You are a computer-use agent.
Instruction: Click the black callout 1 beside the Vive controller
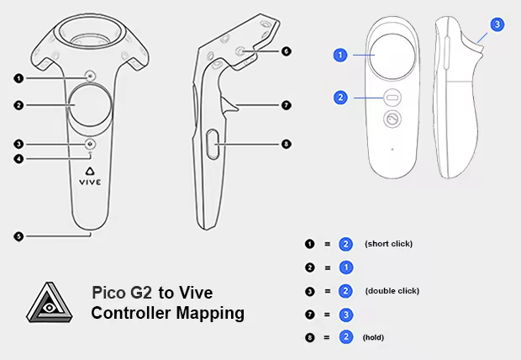click(18, 78)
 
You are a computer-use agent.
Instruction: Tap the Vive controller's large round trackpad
click(90, 105)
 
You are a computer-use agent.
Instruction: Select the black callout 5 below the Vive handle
click(18, 236)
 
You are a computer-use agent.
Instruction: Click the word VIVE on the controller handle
click(90, 182)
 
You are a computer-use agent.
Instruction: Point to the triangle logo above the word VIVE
click(90, 171)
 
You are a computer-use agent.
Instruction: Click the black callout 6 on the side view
click(286, 51)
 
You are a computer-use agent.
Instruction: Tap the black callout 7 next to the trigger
click(286, 105)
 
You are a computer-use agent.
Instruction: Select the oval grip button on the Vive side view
click(213, 145)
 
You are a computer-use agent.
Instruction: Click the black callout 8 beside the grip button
click(286, 144)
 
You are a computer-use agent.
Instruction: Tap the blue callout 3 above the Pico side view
click(497, 24)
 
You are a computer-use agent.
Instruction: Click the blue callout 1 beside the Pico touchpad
click(340, 56)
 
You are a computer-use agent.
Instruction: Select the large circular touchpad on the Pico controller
click(392, 56)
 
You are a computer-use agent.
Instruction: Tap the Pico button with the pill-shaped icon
click(392, 98)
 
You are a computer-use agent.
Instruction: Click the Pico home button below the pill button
click(392, 119)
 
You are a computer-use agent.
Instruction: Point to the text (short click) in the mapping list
click(388, 244)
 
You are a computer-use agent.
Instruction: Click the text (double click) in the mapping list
click(392, 291)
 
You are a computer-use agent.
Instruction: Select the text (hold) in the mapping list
click(373, 337)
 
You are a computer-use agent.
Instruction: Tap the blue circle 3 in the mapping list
click(346, 315)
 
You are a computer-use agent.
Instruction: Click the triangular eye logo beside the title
click(50, 303)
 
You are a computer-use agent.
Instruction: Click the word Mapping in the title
click(210, 314)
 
